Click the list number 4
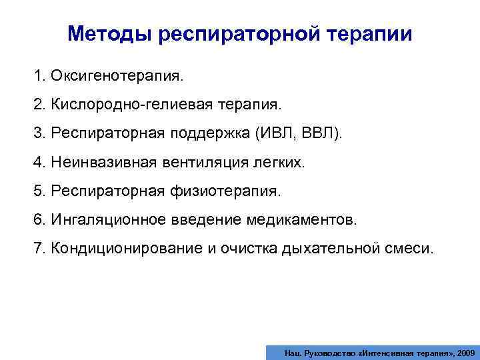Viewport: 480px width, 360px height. pos(38,163)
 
